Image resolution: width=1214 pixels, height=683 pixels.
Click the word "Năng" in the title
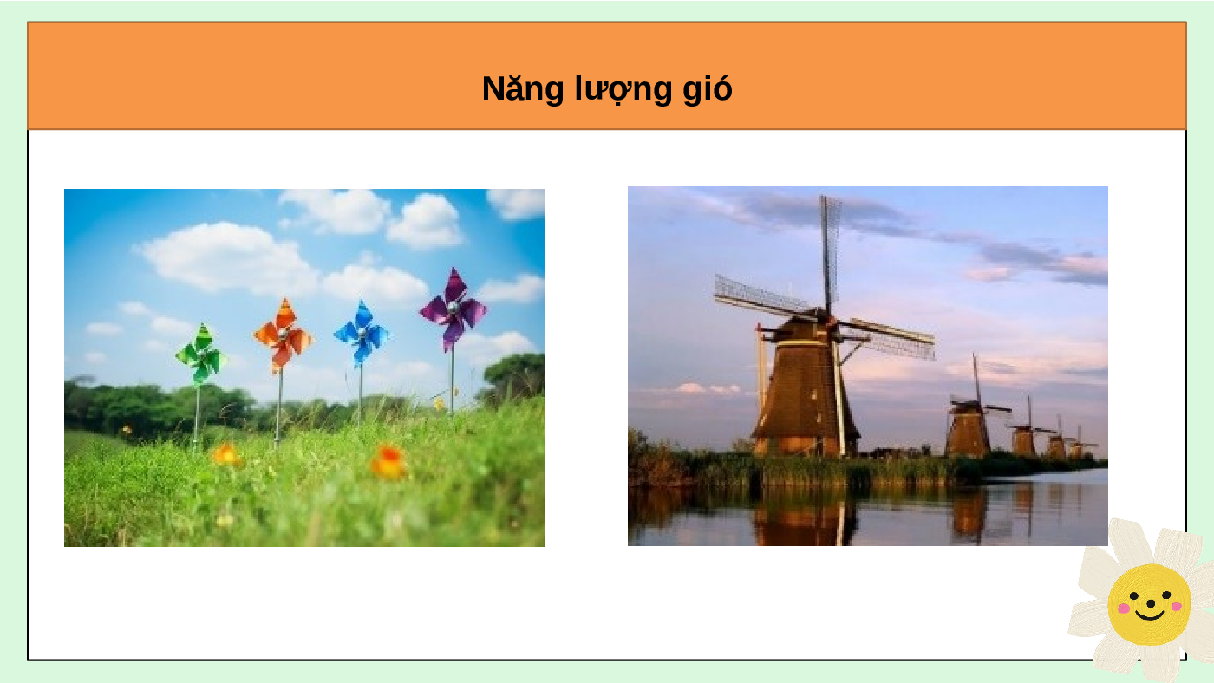(522, 89)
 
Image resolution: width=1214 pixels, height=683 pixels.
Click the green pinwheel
(200, 354)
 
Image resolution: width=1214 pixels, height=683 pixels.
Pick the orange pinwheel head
(283, 335)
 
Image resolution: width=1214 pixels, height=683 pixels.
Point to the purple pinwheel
(453, 308)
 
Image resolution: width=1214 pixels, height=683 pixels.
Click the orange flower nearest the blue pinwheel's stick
(388, 461)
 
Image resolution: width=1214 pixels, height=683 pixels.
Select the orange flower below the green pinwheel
(226, 454)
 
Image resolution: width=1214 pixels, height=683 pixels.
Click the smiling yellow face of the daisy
(1149, 604)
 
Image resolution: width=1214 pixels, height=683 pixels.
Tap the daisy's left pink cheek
(1125, 608)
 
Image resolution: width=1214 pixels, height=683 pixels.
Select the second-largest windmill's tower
(968, 431)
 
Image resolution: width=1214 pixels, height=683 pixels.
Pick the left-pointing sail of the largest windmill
(765, 296)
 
